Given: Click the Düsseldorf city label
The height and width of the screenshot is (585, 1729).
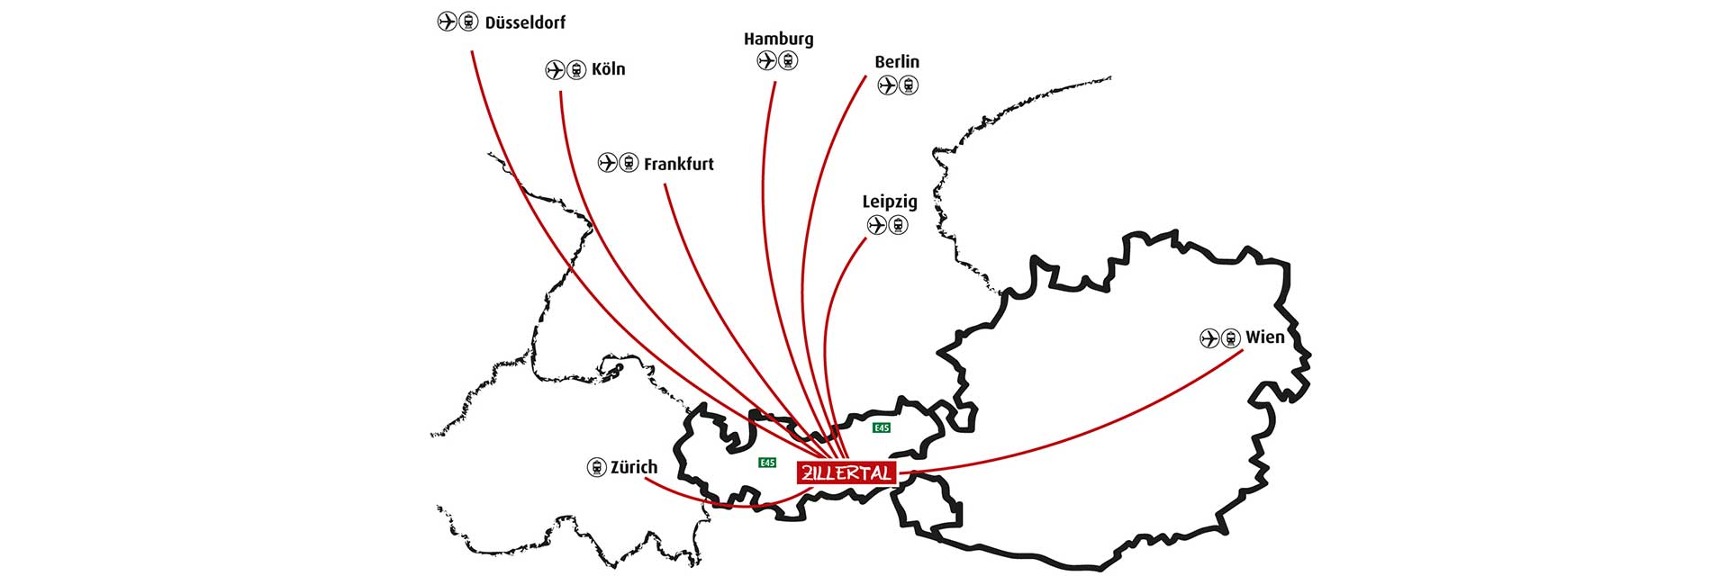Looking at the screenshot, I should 525,22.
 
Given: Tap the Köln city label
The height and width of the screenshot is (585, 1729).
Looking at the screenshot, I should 608,69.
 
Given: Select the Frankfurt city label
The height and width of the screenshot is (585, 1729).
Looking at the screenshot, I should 678,164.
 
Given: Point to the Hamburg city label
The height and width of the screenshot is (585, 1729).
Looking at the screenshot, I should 778,39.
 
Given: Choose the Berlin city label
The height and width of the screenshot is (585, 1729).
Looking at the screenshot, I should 897,61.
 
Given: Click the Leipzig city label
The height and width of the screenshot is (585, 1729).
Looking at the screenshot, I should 890,202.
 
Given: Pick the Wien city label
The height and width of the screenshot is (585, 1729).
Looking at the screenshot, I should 1265,337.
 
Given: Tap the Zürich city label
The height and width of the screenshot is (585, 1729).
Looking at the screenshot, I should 634,467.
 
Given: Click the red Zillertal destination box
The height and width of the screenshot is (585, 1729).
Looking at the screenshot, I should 846,472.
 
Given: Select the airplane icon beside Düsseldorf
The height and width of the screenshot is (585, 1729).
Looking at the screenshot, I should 447,22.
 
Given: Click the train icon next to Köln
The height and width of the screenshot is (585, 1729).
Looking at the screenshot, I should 576,69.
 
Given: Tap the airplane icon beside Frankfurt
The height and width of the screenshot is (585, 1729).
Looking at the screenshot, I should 608,163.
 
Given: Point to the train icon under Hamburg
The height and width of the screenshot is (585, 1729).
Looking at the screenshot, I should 788,61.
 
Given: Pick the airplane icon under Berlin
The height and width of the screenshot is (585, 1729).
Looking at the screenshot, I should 888,85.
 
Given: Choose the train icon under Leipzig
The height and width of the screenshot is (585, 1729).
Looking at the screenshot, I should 898,225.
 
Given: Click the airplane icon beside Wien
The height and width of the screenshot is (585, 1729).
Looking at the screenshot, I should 1210,338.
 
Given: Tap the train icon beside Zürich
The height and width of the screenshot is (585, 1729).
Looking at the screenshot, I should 596,467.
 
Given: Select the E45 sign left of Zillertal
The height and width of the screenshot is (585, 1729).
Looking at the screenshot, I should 766,463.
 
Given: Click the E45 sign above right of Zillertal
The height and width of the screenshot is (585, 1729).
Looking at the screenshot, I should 882,427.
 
